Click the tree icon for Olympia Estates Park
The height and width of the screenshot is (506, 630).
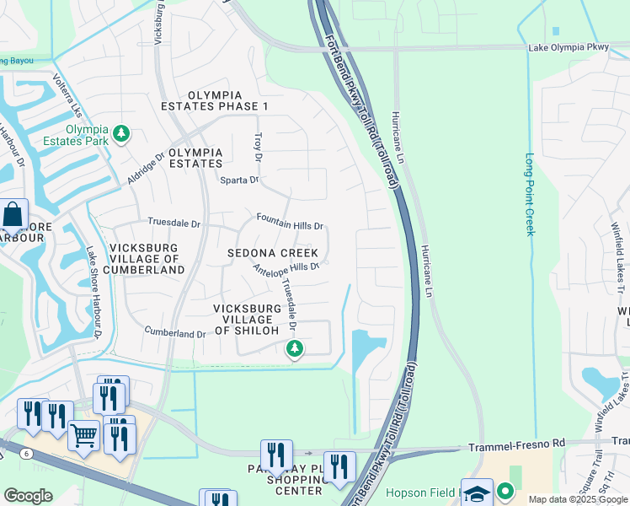click(x=122, y=133)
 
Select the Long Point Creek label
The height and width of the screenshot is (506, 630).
click(x=530, y=194)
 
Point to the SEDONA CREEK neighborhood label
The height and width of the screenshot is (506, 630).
click(x=273, y=253)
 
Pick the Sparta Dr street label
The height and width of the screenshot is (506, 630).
click(x=238, y=180)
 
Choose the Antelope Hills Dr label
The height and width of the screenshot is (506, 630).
click(x=286, y=266)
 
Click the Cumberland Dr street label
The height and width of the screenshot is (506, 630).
click(x=175, y=333)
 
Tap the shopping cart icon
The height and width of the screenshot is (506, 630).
click(x=83, y=435)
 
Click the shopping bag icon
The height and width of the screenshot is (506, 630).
click(x=13, y=215)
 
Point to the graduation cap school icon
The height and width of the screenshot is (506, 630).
click(x=476, y=493)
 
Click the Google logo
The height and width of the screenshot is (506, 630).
click(x=28, y=495)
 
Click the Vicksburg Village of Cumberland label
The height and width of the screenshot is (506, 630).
click(x=147, y=259)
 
